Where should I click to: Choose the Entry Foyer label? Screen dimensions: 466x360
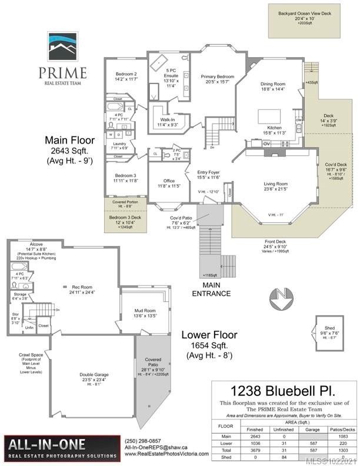(x=208, y=174)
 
